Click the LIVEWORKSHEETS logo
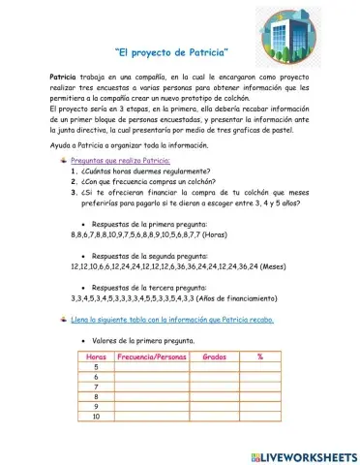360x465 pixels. coord(303,455)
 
